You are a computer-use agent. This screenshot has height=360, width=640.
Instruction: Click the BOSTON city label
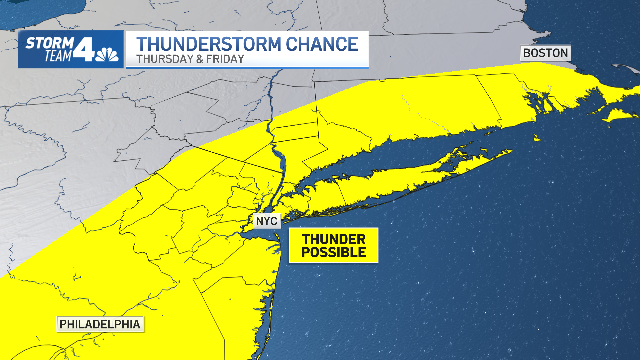(545, 53)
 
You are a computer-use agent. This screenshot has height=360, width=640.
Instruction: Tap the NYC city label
(267, 221)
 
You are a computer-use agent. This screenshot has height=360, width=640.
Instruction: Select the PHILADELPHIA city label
(100, 324)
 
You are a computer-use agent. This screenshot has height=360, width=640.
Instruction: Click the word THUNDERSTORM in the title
(209, 44)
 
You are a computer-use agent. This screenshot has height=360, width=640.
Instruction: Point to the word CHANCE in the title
(322, 44)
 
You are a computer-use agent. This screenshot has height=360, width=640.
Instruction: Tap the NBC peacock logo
(107, 55)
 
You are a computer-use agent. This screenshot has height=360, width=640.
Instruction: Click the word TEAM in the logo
(58, 56)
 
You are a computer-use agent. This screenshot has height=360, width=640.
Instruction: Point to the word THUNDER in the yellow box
(333, 239)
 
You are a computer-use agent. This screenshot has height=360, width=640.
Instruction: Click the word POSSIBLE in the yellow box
(333, 252)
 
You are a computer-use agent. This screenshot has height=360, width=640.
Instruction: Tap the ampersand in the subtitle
(200, 59)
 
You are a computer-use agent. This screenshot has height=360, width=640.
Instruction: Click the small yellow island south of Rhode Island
(536, 138)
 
